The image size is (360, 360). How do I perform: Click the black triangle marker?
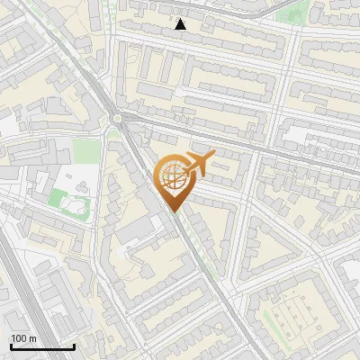[181, 24]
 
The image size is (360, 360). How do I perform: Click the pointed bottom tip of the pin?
[173, 211]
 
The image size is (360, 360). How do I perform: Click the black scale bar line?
[41, 346]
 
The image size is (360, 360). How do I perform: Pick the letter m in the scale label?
[32, 338]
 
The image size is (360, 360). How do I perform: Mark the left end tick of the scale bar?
[10, 345]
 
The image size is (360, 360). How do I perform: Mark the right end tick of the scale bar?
[74, 345]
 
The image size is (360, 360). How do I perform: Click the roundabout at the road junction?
[118, 118]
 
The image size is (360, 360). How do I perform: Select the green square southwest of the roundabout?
[85, 149]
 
